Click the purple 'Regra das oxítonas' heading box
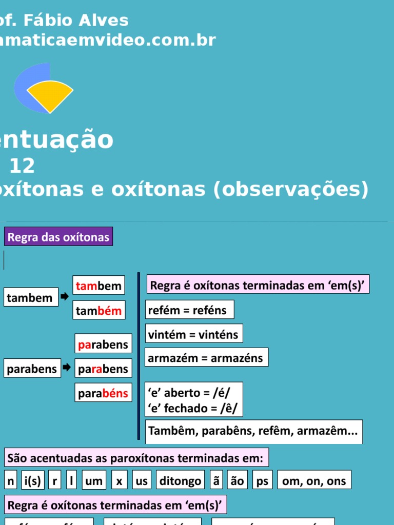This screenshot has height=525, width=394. tap(58, 237)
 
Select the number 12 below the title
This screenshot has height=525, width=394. tap(22, 166)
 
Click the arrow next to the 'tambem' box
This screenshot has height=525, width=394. tap(65, 296)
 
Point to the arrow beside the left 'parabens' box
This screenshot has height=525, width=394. tap(67, 368)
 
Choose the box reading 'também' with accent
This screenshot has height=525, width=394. tap(99, 310)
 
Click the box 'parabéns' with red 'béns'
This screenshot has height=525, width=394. tap(103, 393)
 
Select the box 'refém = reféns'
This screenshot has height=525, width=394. tap(189, 310)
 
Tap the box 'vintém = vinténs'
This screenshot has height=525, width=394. tap(193, 334)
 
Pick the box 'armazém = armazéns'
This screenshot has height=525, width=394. tap(206, 358)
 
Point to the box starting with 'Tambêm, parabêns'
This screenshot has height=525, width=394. tap(253, 432)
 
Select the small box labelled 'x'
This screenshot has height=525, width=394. tap(119, 480)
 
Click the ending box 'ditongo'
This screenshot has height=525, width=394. tap(180, 480)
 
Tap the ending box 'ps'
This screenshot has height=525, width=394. tap(262, 480)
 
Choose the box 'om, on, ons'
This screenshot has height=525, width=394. tap(314, 480)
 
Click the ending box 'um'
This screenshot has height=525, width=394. tap(94, 480)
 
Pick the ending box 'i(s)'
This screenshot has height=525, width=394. tap(32, 480)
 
